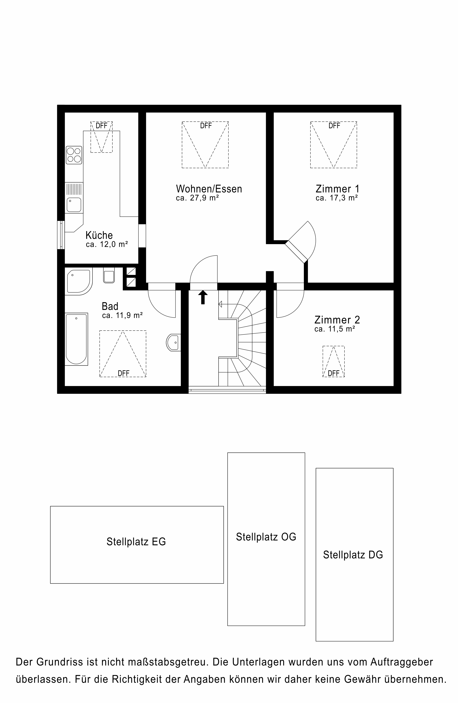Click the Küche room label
click(99, 235)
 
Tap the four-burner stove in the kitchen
click(74, 155)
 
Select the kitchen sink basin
click(74, 205)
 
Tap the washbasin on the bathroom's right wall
click(174, 343)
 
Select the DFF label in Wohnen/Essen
click(206, 126)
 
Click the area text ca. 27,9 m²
click(197, 198)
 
